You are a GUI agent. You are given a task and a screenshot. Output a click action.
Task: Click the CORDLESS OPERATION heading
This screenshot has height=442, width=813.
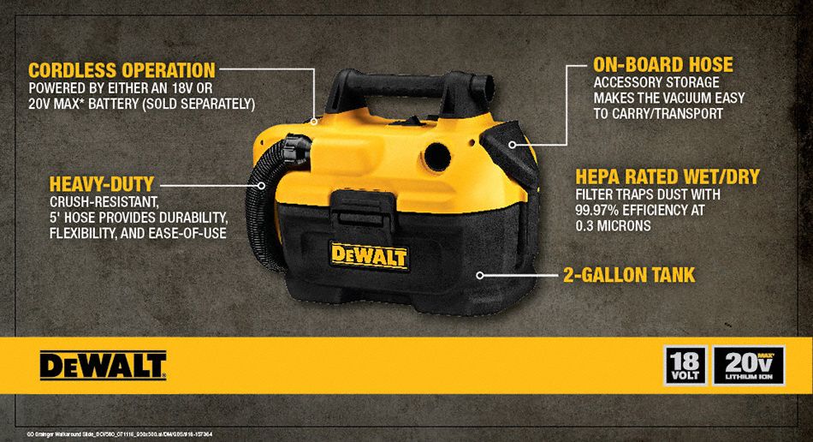click(x=121, y=69)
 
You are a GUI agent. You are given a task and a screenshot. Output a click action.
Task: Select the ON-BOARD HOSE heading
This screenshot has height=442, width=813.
click(x=663, y=65)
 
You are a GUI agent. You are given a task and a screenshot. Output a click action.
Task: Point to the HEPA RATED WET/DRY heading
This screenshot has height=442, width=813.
click(x=668, y=177)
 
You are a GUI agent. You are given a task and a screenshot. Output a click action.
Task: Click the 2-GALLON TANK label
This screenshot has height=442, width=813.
click(x=628, y=276)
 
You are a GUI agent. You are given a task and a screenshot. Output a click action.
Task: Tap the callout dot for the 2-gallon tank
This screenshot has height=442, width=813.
click(x=481, y=276)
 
